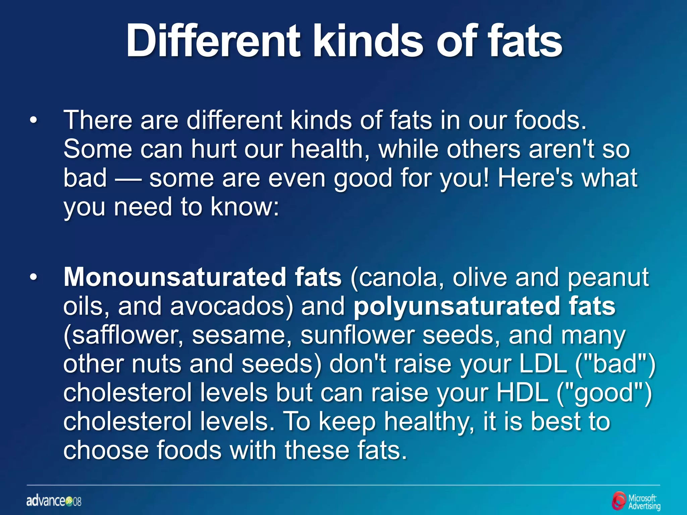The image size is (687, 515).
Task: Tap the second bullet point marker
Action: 33,278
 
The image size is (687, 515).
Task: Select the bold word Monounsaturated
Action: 174,278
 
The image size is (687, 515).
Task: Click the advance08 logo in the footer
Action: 54,501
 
